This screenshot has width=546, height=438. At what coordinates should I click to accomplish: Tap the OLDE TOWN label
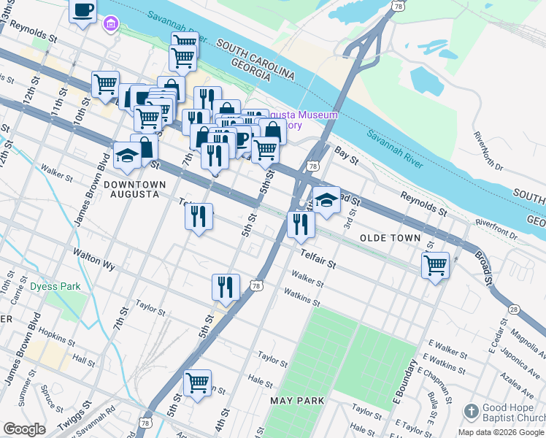(x=390, y=238)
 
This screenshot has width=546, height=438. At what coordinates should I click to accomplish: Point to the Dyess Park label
(x=55, y=286)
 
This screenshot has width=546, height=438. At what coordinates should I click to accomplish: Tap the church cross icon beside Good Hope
(x=471, y=412)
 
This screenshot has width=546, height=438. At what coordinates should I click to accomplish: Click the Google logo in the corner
(x=24, y=429)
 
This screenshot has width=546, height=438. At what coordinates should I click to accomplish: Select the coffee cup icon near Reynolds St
(x=82, y=11)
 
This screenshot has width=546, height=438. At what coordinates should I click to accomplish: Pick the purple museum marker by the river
(x=109, y=26)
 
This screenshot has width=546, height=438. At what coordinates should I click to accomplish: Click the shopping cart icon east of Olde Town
(x=435, y=265)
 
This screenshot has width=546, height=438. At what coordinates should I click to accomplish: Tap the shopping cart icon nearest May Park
(x=197, y=383)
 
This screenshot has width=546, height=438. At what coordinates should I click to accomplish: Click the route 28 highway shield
(x=515, y=310)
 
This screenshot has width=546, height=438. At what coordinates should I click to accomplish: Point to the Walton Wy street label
(x=93, y=259)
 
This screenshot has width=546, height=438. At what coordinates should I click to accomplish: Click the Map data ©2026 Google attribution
(x=501, y=432)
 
